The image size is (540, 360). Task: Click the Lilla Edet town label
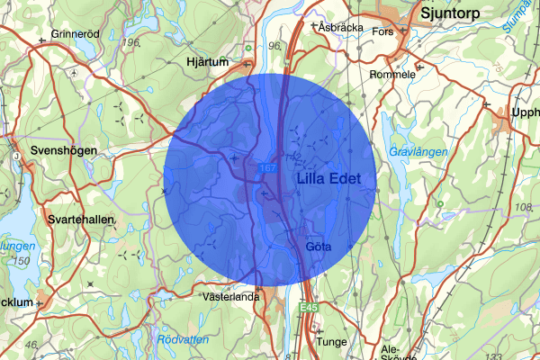click(x=328, y=180)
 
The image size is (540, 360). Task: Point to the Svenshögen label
click(x=63, y=150)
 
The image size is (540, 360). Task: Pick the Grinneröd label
click(x=74, y=35)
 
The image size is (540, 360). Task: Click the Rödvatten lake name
click(x=182, y=339)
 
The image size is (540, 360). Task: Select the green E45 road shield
click(x=310, y=309)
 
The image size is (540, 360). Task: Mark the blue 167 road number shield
click(x=268, y=168)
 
